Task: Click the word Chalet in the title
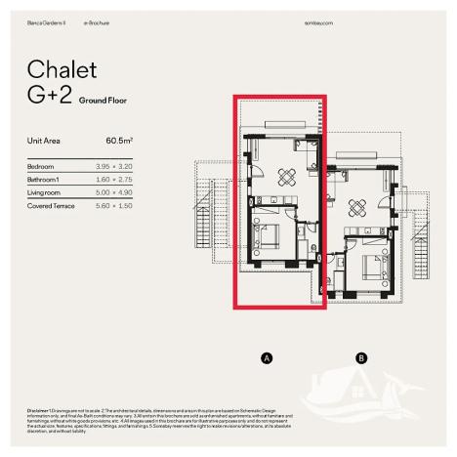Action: tap(62, 69)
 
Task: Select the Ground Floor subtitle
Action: tap(104, 101)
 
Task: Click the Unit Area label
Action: tap(44, 141)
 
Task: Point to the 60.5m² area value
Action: tap(119, 141)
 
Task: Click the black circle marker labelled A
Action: tap(266, 358)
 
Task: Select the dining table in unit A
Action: tap(288, 176)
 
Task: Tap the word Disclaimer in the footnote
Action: tap(40, 408)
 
